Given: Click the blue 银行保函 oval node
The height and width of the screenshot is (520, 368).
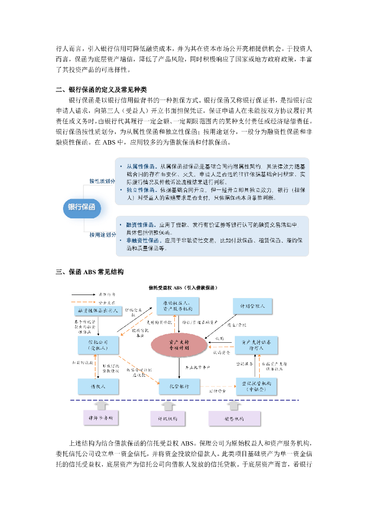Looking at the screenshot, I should point(82,207).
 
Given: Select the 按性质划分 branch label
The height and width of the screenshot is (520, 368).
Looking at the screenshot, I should point(102,181).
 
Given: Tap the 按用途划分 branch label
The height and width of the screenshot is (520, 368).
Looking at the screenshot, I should point(102,235).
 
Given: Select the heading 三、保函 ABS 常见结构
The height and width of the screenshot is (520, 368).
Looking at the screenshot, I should point(89,272).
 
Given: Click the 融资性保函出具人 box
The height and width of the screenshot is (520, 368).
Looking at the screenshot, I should point(98,310).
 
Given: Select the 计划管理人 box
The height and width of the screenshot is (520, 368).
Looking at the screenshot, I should point(253,307).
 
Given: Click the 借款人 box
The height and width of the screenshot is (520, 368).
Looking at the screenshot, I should point(99,386).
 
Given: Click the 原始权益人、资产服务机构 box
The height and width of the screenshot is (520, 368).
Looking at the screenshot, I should point(177,307).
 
